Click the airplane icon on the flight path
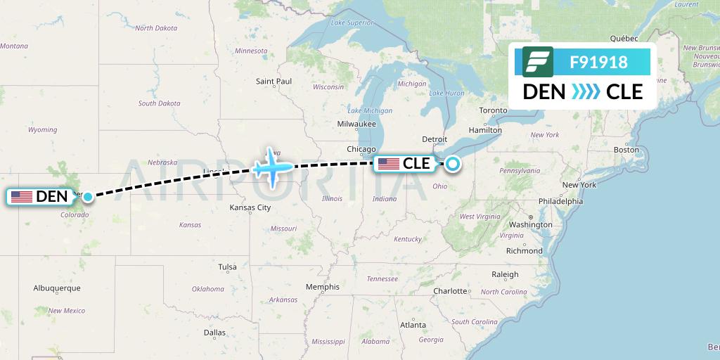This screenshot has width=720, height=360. (271, 167)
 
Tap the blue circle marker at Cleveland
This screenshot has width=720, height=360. (452, 164)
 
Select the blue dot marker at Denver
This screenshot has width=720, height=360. (87, 197)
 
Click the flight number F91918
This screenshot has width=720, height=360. (599, 62)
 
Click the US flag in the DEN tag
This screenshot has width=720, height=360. (22, 197)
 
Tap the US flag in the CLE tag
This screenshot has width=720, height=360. (388, 164)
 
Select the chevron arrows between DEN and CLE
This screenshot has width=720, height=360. (585, 91)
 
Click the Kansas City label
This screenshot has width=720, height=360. (250, 208)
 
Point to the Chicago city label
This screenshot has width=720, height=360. (361, 149)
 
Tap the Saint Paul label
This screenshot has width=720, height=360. (274, 82)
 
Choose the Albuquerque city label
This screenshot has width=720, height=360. (57, 288)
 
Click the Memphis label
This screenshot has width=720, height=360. (323, 287)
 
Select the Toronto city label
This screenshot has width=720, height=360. (493, 111)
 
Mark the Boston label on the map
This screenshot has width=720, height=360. (626, 150)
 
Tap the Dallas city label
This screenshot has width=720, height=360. (214, 333)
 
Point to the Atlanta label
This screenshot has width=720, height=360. (413, 325)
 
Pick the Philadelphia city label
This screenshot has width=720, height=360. (560, 201)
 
